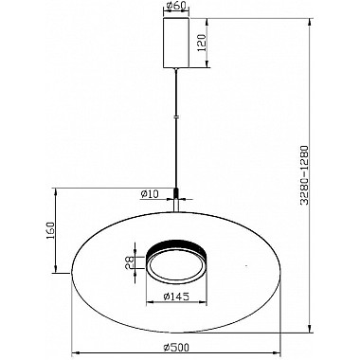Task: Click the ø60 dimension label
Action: (x=175, y=6)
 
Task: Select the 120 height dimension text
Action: (x=202, y=43)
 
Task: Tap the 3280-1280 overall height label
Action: (x=304, y=175)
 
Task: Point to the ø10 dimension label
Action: (x=150, y=194)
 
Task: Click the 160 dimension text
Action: (x=51, y=230)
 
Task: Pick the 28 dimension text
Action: (x=130, y=262)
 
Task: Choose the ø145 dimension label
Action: (x=176, y=297)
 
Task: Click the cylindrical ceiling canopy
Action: (x=176, y=43)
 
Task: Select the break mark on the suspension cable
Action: (x=176, y=117)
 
